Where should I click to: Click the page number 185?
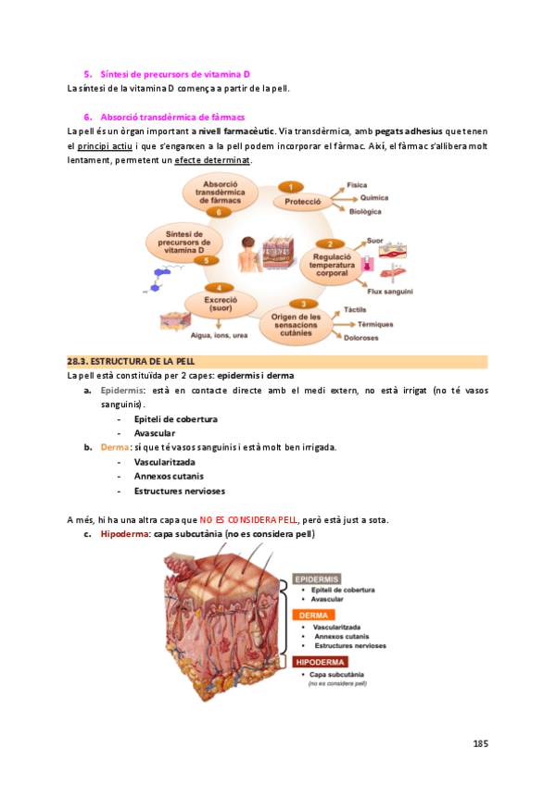[x=480, y=743]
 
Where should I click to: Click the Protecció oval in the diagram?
[x=302, y=201]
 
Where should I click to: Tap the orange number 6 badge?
[x=218, y=212]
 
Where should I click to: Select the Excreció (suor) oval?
[x=220, y=304]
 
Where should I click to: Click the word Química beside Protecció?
[x=373, y=197]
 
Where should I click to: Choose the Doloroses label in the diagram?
[x=360, y=338]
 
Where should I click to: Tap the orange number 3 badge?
[x=302, y=304]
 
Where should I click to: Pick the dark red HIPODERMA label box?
[x=321, y=662]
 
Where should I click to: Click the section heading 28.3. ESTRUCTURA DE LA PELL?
[x=131, y=361]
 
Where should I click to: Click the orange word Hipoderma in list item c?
[x=125, y=534]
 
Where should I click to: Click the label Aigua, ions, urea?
[x=219, y=335]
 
